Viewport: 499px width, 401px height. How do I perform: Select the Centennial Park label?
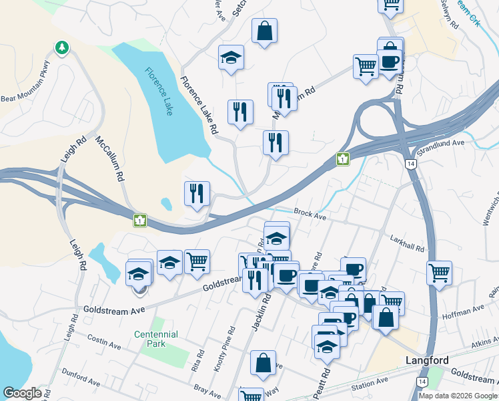155,339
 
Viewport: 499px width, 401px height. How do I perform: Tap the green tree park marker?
61,47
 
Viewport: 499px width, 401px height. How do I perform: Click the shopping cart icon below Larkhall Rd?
440,271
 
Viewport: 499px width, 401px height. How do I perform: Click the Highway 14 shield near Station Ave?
422,381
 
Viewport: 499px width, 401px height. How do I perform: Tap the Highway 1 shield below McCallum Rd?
140,220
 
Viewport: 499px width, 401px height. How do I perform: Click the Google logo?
22,394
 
